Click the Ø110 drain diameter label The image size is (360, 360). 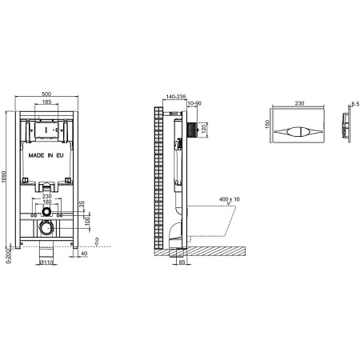click(45, 262)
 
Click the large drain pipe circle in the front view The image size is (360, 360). click(48, 230)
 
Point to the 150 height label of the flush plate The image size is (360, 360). click(266, 126)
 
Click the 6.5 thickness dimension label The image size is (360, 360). click(354, 102)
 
